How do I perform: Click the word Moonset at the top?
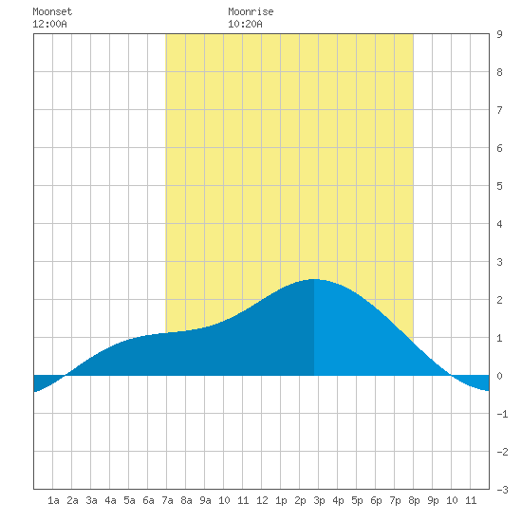tap(52, 11)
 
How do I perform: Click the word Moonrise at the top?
tap(251, 11)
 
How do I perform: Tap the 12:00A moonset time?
tap(49, 24)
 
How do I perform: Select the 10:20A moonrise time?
tap(245, 24)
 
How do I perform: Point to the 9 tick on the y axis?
tap(499, 34)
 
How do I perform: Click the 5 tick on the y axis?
tap(499, 186)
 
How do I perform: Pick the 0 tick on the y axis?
tap(499, 376)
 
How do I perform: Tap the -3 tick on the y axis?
tap(502, 490)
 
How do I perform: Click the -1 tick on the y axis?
tap(502, 414)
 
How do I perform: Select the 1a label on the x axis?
tap(53, 500)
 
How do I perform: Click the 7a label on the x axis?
tap(167, 500)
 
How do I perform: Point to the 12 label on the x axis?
tap(262, 500)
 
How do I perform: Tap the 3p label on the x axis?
tap(319, 500)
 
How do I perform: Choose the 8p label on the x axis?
tap(414, 500)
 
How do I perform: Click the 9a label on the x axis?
tap(205, 500)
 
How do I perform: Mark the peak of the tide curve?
tap(314, 279)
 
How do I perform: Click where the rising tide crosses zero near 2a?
tap(65, 376)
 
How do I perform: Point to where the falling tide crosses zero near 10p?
tap(451, 376)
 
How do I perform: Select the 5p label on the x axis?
tap(357, 500)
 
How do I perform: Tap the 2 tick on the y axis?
tap(499, 300)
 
